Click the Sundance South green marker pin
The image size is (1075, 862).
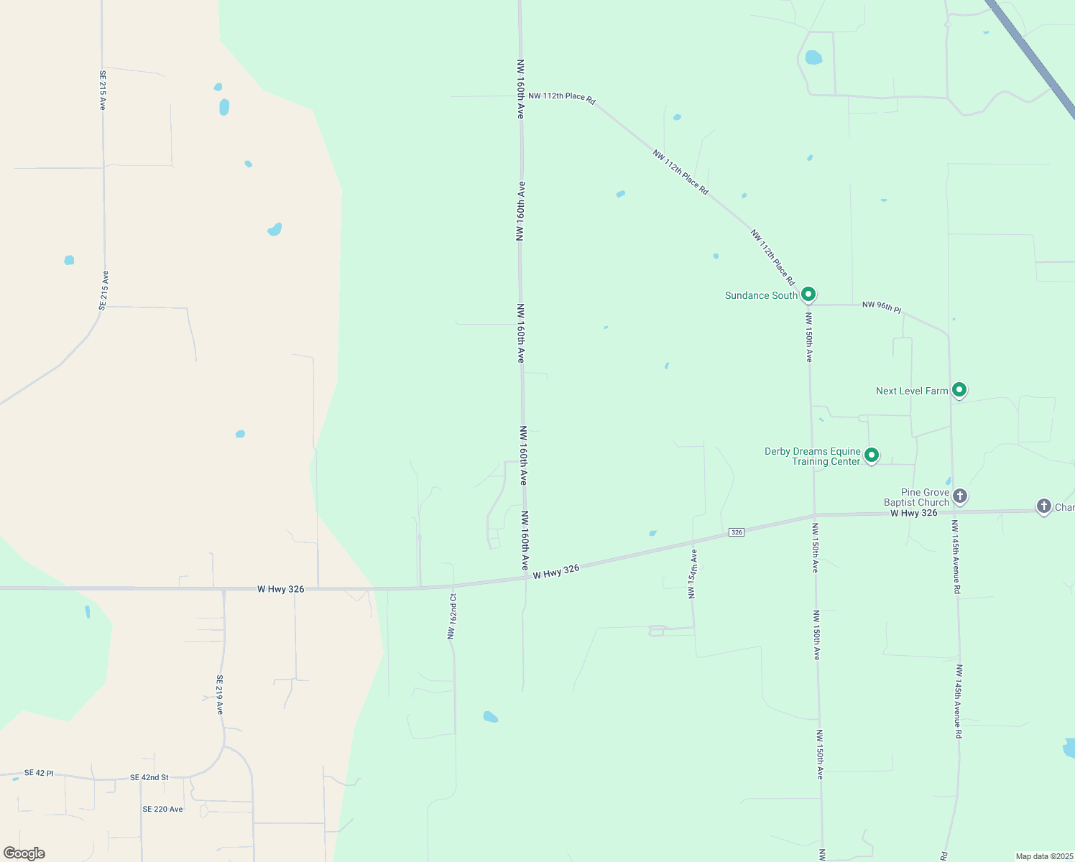click(x=808, y=295)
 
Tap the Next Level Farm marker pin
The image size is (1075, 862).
click(x=959, y=390)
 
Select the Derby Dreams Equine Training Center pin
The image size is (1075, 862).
click(x=872, y=455)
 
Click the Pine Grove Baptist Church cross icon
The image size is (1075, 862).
click(x=960, y=496)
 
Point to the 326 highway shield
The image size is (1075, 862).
click(x=736, y=532)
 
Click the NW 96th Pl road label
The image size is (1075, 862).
click(x=882, y=307)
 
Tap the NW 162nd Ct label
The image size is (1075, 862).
click(x=452, y=616)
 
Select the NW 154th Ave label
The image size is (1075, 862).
click(x=692, y=574)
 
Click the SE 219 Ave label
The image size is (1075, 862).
click(x=220, y=695)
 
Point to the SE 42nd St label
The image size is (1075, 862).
click(x=149, y=777)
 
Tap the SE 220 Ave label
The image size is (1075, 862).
click(x=162, y=809)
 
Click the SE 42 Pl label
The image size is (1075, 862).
click(x=39, y=773)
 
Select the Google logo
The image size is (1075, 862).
click(x=24, y=853)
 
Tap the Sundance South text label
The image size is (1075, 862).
click(x=761, y=295)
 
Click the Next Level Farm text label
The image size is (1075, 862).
click(x=912, y=391)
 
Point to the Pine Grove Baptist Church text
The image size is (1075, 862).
click(x=917, y=497)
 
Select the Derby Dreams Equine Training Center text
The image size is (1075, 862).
click(x=813, y=456)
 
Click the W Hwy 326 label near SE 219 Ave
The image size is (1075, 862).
click(x=281, y=589)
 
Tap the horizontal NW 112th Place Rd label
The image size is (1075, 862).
click(x=562, y=96)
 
